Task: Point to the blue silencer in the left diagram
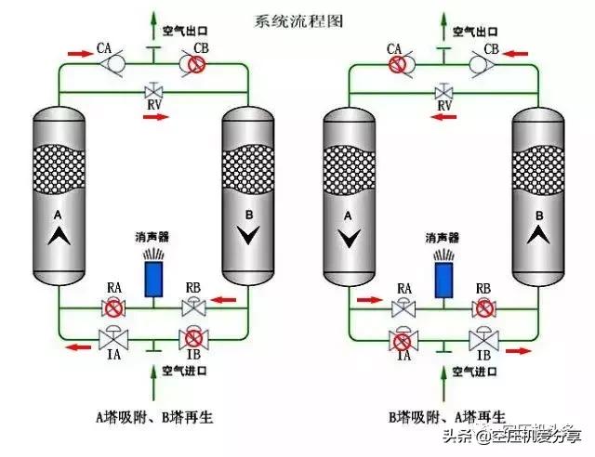(152, 280)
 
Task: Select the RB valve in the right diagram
(483, 307)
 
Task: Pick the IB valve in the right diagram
(483, 337)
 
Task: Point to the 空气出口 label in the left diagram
(183, 30)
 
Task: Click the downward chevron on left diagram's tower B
(245, 237)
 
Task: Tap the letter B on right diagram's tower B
(539, 216)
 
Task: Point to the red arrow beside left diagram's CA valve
(81, 55)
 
